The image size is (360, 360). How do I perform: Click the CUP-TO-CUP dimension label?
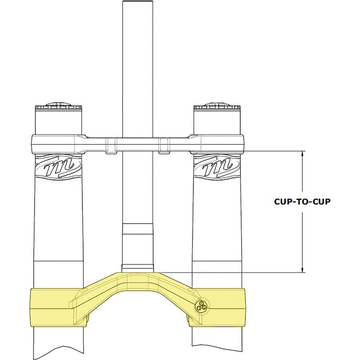(x=302, y=202)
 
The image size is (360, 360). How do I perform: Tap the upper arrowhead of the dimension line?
(x=302, y=154)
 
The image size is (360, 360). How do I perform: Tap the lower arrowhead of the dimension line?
(x=302, y=270)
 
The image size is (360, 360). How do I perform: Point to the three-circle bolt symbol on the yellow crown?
(x=202, y=306)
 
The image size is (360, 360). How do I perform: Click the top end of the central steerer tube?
(x=138, y=1)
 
